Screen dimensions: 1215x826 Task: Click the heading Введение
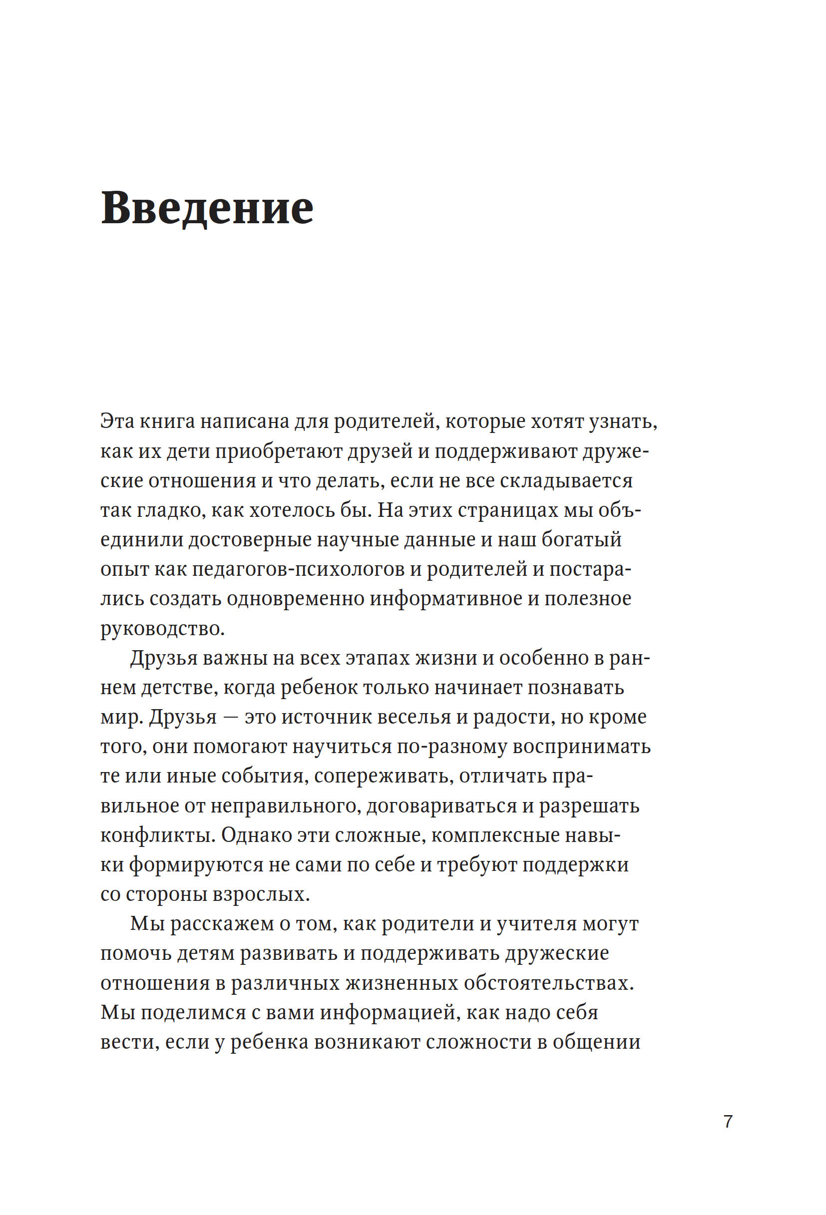pos(207,209)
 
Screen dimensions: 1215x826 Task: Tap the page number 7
pos(728,1121)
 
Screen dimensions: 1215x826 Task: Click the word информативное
pos(446,599)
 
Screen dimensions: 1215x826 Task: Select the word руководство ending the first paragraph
pos(162,628)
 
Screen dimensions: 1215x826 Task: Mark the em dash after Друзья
pos(231,717)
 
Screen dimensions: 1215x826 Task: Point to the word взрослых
pos(261,894)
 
